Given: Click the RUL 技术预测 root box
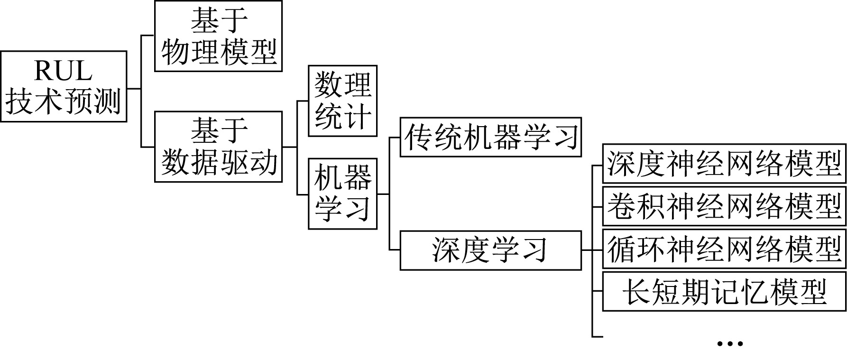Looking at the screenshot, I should pos(64,86).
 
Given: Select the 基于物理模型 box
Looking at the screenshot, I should pos(218,36).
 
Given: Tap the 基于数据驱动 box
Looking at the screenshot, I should pos(218,147).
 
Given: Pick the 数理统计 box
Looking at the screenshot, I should pos(342,101).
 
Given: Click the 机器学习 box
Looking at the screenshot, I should pos(342,194).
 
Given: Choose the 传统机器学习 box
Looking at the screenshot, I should pos(490,137).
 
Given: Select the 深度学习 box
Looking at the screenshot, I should pos(490,250).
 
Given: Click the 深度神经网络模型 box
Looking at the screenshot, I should pos(724,164).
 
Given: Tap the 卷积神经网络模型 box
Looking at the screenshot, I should pos(724,206).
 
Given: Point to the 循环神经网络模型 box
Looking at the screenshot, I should pos(724,249).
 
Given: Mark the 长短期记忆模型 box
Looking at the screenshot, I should pos(724,291).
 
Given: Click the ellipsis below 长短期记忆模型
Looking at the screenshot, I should pos(729,343).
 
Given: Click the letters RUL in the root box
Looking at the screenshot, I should pos(63,72).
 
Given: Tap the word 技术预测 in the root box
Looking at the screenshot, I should pos(64,101).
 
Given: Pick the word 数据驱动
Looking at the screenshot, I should pos(219,162).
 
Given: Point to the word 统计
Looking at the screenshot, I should pos(342,116).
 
